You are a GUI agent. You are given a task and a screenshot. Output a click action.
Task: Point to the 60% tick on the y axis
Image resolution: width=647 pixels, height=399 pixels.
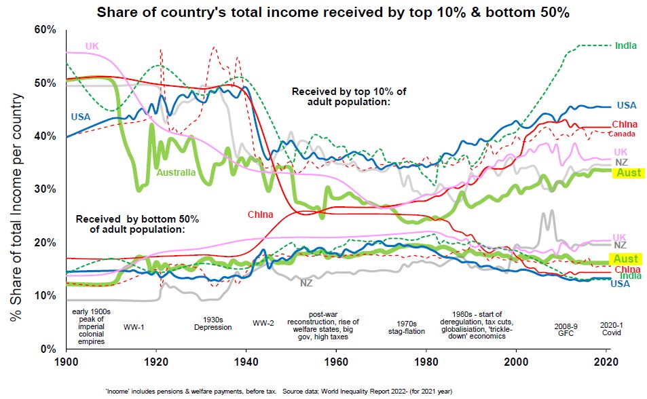tap(45, 30)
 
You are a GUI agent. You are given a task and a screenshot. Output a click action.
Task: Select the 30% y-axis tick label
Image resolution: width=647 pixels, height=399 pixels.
tap(45, 189)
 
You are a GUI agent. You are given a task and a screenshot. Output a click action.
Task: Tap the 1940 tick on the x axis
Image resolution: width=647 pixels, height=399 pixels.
tap(245, 360)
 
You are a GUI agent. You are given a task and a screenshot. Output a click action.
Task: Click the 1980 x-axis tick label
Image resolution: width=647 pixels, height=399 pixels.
tap(426, 360)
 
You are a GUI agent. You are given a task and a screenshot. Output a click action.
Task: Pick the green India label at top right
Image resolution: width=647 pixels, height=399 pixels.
tap(625, 45)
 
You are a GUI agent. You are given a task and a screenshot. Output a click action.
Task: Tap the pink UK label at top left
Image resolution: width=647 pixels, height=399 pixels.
tap(92, 46)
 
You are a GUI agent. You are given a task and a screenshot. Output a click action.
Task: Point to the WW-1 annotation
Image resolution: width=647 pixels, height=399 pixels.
tap(134, 326)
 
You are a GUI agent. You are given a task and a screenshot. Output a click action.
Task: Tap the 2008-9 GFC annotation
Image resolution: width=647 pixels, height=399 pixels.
tap(566, 329)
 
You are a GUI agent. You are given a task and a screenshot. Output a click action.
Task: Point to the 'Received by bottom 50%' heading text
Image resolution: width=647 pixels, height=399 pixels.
tap(137, 224)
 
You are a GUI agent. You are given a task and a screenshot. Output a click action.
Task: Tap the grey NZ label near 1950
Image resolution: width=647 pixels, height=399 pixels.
tap(308, 283)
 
